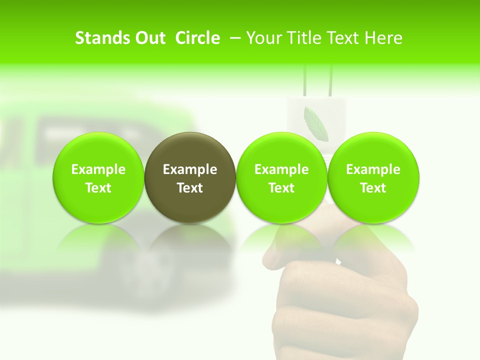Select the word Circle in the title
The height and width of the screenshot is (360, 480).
tap(197, 38)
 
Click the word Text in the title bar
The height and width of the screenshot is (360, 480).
tap(343, 38)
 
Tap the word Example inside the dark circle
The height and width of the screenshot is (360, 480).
tap(190, 169)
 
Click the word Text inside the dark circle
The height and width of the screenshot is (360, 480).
tap(190, 188)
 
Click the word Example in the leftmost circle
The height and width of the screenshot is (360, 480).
tap(98, 169)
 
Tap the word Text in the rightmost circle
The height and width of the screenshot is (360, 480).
tap(373, 188)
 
